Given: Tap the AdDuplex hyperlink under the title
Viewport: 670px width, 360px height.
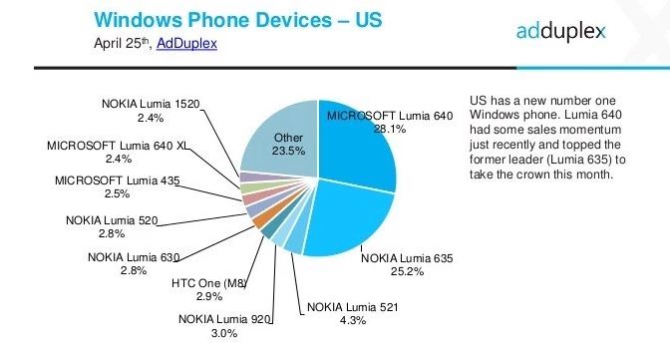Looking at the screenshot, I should (x=186, y=44).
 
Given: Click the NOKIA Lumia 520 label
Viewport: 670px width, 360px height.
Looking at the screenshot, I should (x=112, y=220).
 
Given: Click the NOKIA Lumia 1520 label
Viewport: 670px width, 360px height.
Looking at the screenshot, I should (x=149, y=103).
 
